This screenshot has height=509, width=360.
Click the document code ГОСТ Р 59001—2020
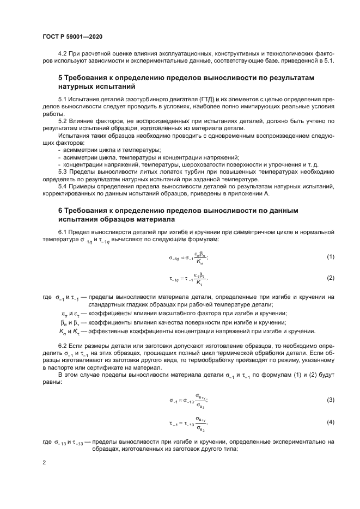click(72, 36)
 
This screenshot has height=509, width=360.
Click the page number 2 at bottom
click(44, 462)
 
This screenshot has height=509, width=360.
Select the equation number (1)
click(330, 256)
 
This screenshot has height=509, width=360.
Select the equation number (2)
click(330, 278)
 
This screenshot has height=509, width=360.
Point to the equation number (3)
click(330, 400)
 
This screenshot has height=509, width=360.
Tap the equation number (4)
click(330, 422)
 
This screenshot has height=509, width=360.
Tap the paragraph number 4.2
click(63, 53)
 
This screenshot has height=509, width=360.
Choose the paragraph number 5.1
click(63, 100)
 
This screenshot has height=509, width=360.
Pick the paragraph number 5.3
click(63, 171)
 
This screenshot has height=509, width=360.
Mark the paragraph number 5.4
click(63, 186)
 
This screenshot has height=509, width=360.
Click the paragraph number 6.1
click(63, 232)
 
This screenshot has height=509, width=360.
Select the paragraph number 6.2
click(63, 346)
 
